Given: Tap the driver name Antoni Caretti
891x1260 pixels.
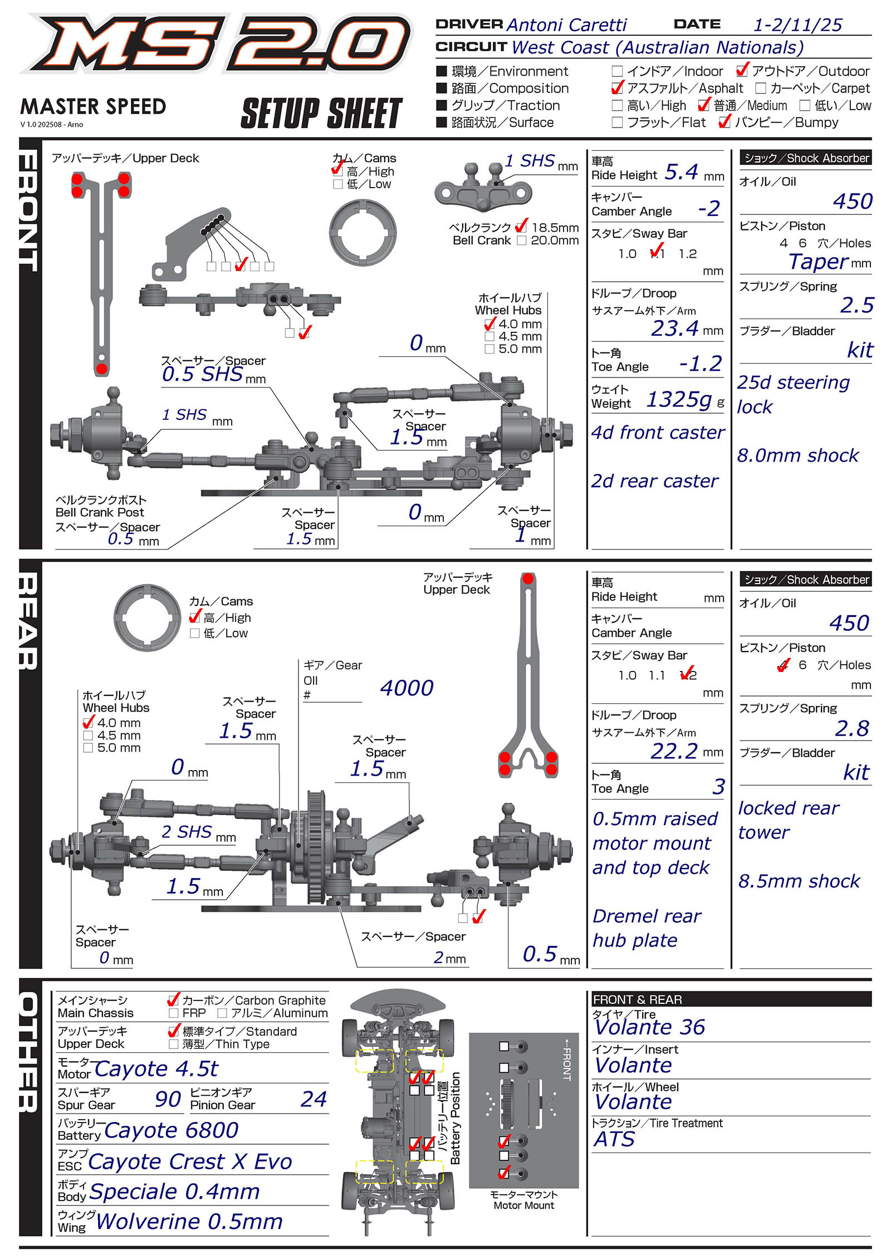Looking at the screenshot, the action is click(566, 25).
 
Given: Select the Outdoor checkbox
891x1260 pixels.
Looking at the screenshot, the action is click(742, 71).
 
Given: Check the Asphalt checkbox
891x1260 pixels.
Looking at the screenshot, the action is click(617, 89).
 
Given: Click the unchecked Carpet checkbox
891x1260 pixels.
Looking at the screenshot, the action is click(761, 89).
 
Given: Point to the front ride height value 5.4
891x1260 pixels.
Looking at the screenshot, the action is click(682, 172).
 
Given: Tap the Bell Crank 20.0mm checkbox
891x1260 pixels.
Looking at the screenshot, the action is click(521, 241).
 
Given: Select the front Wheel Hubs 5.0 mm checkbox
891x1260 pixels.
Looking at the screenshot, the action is click(489, 349).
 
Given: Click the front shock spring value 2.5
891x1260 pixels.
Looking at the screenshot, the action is click(857, 305).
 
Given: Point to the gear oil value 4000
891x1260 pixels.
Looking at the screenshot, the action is click(407, 688).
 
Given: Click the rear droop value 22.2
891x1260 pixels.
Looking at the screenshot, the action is click(674, 751).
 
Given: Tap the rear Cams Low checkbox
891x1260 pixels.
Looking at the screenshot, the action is click(195, 634).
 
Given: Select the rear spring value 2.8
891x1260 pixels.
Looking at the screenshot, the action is click(852, 728).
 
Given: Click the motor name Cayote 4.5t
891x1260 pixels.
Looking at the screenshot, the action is click(156, 1068).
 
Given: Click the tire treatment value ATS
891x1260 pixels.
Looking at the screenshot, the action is click(614, 1139).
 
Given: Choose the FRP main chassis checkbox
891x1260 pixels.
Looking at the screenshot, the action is click(173, 1013).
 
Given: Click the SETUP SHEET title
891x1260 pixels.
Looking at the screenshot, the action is click(322, 113).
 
